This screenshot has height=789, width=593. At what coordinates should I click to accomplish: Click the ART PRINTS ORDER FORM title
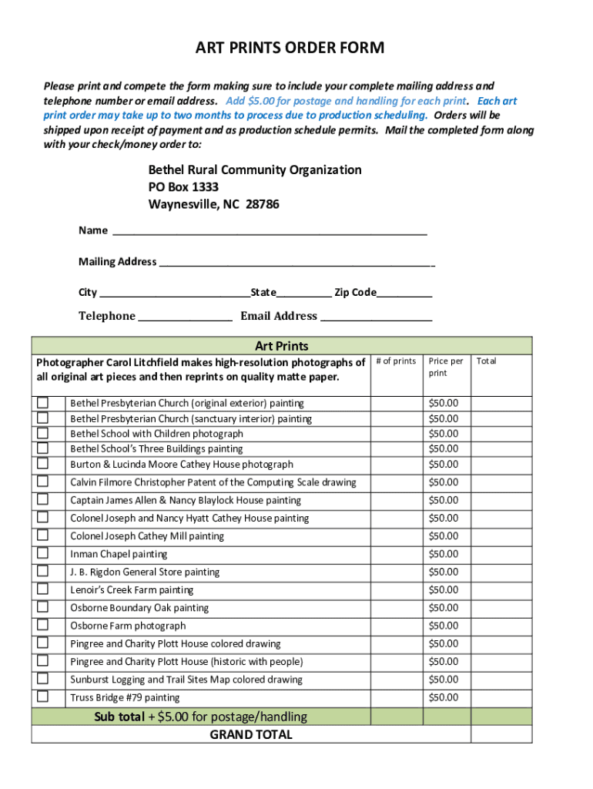tap(289, 49)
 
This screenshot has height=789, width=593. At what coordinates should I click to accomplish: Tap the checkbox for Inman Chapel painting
tap(43, 553)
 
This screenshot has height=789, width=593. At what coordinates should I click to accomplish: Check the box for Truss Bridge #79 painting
tap(43, 697)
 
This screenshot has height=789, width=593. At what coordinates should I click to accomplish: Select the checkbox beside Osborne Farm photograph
tap(43, 625)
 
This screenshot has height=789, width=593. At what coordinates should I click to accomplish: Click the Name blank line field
tap(270, 230)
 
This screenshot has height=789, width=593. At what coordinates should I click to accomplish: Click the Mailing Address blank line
tap(296, 262)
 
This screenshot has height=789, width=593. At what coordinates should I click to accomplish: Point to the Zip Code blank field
tap(404, 293)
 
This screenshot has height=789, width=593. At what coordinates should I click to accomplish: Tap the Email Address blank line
tap(376, 317)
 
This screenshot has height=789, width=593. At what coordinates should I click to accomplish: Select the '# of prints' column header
tap(397, 361)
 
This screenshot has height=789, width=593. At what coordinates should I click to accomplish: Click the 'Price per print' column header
tap(446, 367)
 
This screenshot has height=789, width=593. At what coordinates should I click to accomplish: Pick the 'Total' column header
tap(487, 361)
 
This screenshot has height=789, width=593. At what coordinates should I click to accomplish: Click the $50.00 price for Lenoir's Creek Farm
tap(444, 590)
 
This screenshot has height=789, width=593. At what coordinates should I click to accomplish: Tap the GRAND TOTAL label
tap(251, 734)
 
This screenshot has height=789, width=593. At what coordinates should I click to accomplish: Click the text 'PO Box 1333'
tap(183, 187)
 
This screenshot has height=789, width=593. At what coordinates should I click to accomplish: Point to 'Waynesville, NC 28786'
tap(213, 205)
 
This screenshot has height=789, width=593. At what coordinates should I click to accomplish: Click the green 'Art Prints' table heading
tap(281, 346)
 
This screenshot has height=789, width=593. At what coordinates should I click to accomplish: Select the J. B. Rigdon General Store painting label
tap(145, 572)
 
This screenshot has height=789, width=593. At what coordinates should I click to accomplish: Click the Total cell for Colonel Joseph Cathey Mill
tap(501, 536)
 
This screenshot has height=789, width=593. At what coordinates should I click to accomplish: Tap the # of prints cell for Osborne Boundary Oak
tap(397, 608)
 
